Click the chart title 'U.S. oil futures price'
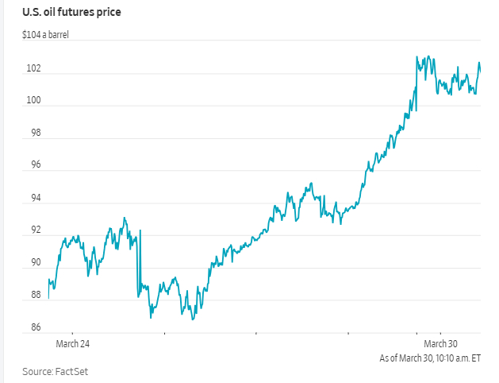pos(71,13)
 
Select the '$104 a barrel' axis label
pos(46,36)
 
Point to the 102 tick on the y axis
pos(33,68)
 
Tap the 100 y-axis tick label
pos(33,101)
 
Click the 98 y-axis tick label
pos(33,133)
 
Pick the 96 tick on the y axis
pos(33,165)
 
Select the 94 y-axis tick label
pos(33,198)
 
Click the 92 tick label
pos(33,230)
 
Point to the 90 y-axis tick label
pos(33,262)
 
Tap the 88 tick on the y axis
pos(33,295)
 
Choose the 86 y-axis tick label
pos(33,327)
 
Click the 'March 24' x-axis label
pos(72,344)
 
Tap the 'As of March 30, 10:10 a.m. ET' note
pos(430,358)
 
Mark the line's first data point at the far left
pos(48,298)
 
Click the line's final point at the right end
pos(481,72)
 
